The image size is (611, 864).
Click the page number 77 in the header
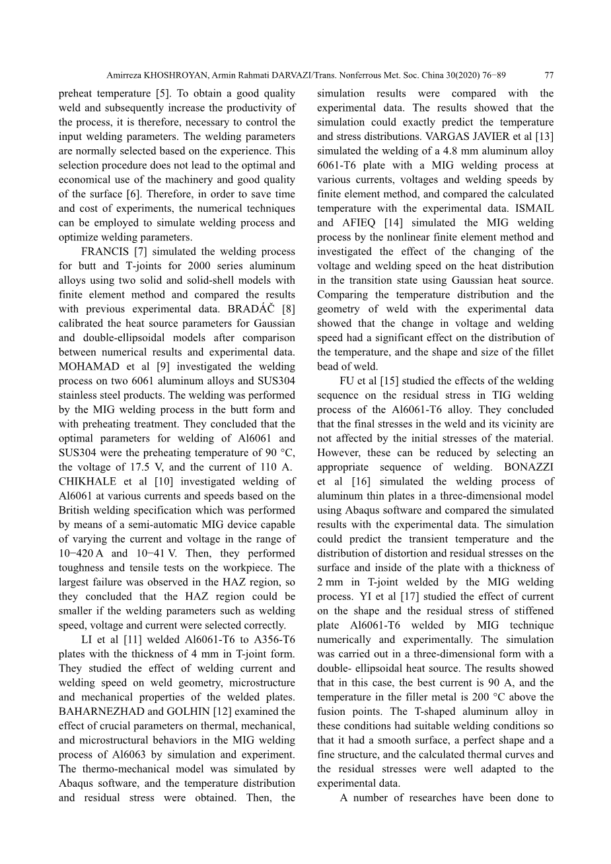pyautogui.click(x=549, y=75)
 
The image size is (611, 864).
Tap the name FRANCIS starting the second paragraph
pyautogui.click(x=104, y=251)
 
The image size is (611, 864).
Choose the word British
pyautogui.click(x=75, y=510)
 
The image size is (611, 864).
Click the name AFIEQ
pyautogui.click(x=361, y=223)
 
